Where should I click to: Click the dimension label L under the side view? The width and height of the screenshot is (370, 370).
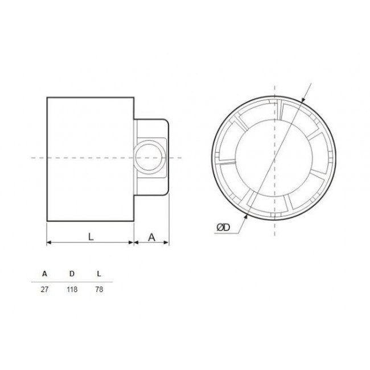tap(91, 237)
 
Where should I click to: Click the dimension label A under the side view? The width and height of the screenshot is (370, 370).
tap(151, 237)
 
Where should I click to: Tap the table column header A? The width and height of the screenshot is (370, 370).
tap(45, 274)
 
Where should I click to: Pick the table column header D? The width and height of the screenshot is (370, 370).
tap(72, 274)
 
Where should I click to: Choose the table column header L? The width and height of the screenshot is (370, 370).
tap(99, 274)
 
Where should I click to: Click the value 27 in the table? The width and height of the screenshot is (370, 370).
tap(45, 290)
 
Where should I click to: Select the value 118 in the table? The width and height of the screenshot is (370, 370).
tap(72, 290)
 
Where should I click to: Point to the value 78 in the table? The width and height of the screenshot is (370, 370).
tap(99, 290)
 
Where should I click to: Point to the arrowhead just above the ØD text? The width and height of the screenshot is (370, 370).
tap(245, 216)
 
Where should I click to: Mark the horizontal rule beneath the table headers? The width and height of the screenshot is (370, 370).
tap(72, 282)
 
